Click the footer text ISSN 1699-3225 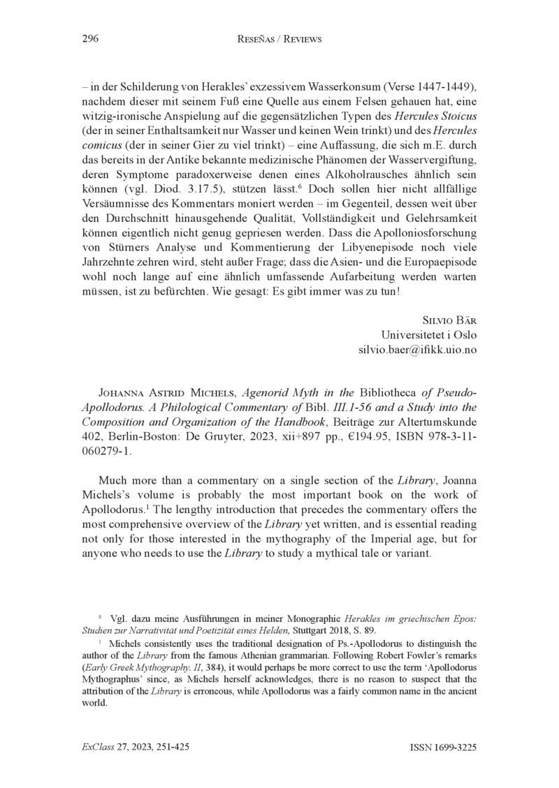(443, 747)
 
